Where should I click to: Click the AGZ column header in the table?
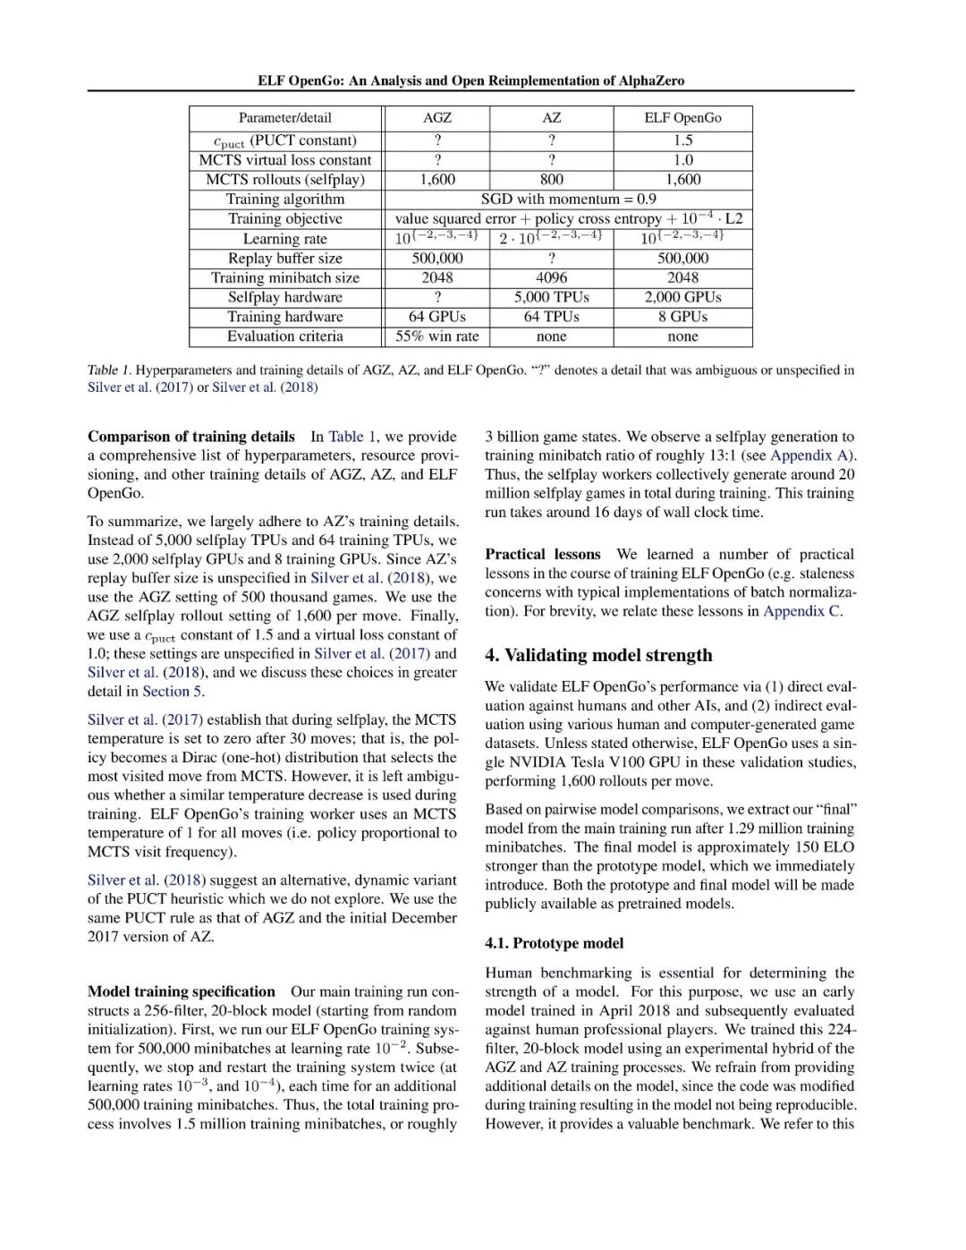pos(436,118)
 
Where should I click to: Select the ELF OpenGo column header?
pos(682,118)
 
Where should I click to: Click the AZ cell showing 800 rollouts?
pos(551,180)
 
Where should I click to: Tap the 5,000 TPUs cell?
pos(551,297)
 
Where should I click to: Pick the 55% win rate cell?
pos(436,336)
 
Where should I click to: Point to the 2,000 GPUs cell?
pos(682,297)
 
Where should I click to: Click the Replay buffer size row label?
pos(284,259)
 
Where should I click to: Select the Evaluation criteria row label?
pos(284,336)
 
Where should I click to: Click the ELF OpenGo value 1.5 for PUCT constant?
pos(682,140)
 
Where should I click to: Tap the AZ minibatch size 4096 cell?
pos(551,277)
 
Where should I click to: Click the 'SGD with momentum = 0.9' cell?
pos(568,199)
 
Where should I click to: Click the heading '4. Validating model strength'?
pos(598,655)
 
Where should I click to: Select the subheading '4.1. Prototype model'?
pos(554,943)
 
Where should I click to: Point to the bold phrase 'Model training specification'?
pos(182,991)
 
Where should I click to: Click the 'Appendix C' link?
pos(801,611)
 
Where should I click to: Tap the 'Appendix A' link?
pos(808,455)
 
